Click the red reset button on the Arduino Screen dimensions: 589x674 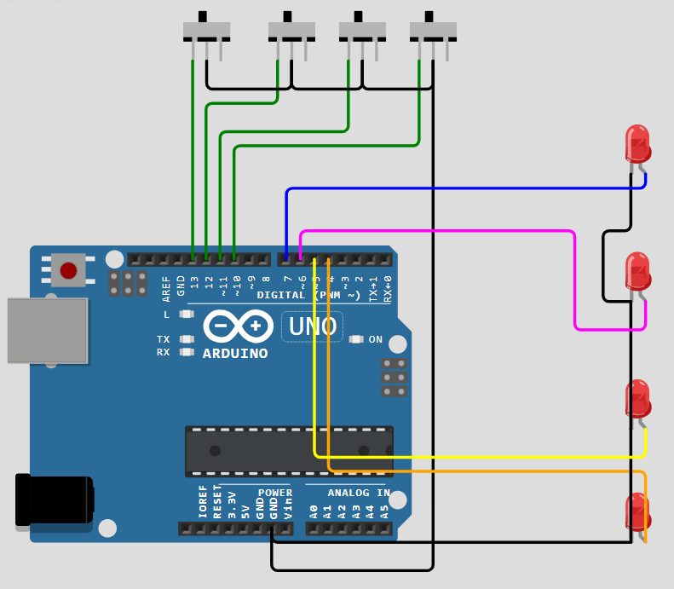tap(68, 271)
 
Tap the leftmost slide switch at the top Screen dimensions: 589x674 tap(206, 32)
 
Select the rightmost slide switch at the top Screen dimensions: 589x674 tap(432, 32)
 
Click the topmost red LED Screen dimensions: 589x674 tap(637, 143)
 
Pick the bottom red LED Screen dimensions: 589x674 tap(637, 511)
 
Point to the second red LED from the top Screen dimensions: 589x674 tap(637, 271)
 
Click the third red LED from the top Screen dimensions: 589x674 tap(637, 398)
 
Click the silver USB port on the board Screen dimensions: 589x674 tap(47, 330)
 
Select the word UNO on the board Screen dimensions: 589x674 tap(312, 326)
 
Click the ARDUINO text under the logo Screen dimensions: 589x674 tap(235, 353)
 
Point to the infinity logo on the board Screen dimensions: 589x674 tap(238, 326)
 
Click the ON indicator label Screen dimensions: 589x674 tap(376, 339)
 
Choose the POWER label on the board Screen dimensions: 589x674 tap(274, 493)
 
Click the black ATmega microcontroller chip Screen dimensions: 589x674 tap(289, 451)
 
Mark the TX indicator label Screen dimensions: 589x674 tap(164, 339)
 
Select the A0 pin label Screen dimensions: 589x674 tap(314, 512)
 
